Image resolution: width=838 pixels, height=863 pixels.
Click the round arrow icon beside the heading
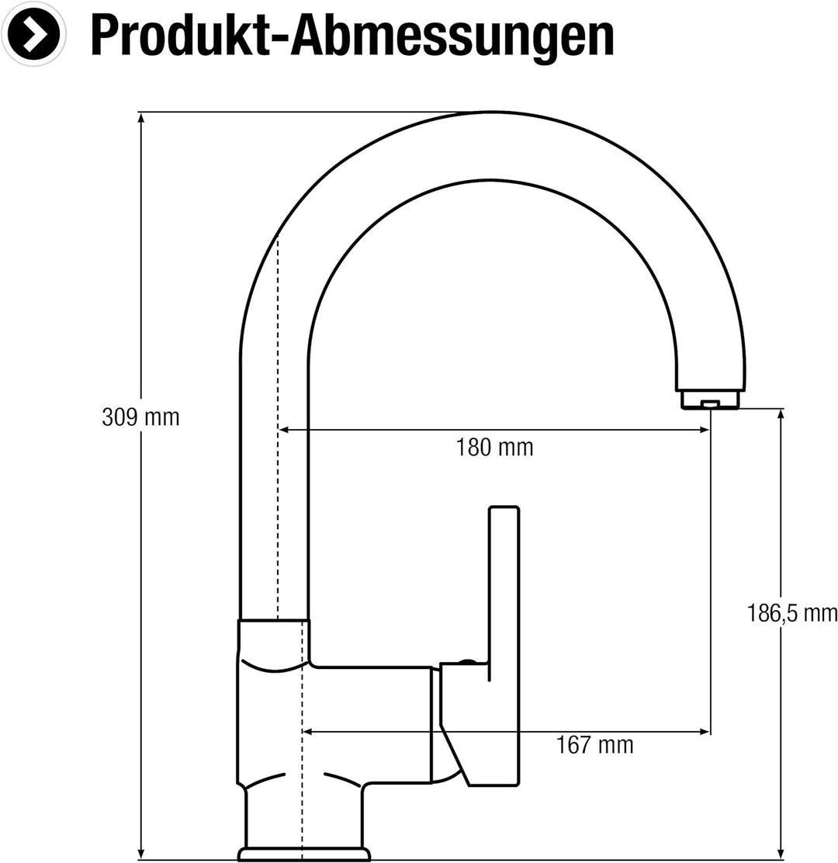pos(33,34)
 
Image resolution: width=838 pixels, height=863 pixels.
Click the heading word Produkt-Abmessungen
pos(351,35)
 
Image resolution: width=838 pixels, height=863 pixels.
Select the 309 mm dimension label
pos(140,418)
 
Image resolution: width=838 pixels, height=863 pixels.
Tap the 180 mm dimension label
pos(494,448)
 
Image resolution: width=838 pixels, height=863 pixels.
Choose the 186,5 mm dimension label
pos(792,614)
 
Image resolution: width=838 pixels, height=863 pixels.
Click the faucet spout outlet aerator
pos(710,400)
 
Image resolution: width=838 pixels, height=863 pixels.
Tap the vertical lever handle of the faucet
pos(504,590)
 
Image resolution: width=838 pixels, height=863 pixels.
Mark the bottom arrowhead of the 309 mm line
pos(140,853)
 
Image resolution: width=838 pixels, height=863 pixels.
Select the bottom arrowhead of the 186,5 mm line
pos(781,853)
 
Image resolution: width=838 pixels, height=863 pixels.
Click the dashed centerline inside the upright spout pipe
pos(278,427)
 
